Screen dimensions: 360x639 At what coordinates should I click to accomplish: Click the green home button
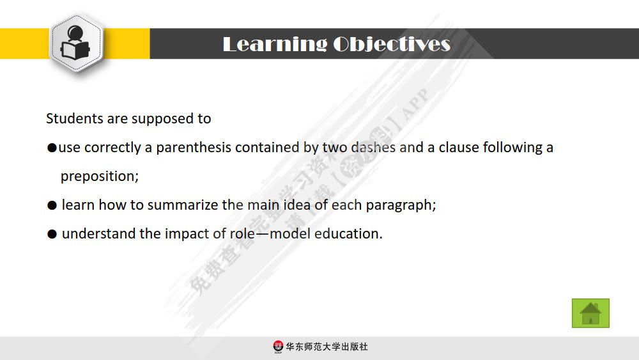point(590,313)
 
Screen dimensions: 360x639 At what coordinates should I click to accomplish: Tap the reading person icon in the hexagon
point(77,43)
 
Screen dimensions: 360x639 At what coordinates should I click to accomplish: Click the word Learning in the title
point(274,44)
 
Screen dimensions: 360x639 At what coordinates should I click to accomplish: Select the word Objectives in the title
point(392,44)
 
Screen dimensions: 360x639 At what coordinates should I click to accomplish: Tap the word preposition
point(99,176)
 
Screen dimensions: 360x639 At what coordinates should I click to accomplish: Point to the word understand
point(98,234)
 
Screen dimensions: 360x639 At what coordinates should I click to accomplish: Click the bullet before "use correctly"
point(52,148)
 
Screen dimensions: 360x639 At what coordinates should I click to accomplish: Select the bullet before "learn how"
point(52,206)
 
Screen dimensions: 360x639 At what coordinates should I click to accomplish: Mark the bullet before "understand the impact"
point(52,235)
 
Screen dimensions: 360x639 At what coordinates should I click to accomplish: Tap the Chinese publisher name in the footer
point(327,347)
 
